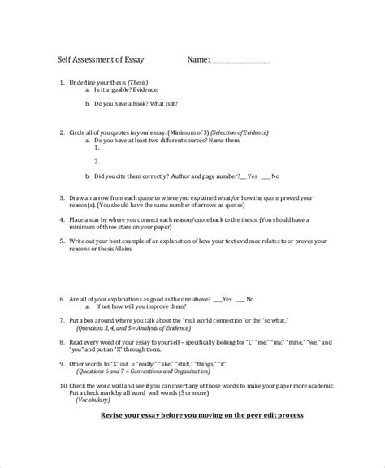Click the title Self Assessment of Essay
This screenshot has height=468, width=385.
pyautogui.click(x=100, y=59)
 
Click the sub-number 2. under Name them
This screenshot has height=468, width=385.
pyautogui.click(x=97, y=162)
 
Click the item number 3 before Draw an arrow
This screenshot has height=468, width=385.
pyautogui.click(x=63, y=197)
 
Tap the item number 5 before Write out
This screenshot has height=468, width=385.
pyautogui.click(x=63, y=240)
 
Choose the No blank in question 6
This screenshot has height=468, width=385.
pyautogui.click(x=241, y=298)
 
